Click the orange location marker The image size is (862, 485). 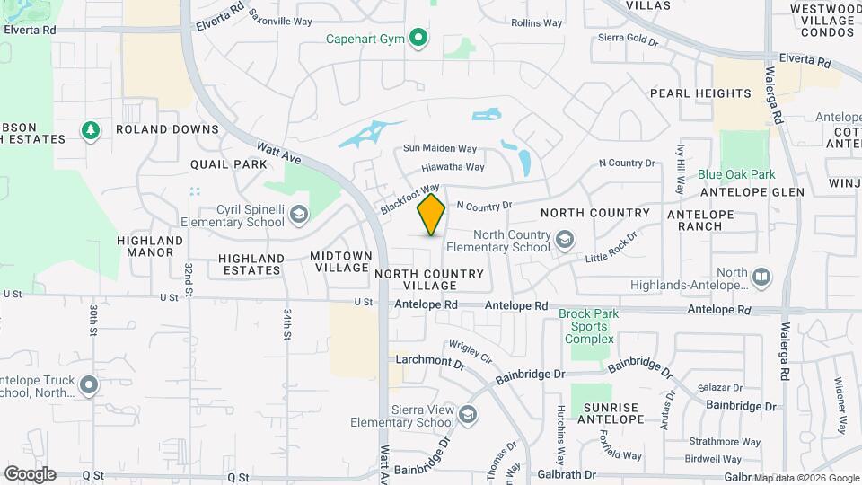click(432, 215)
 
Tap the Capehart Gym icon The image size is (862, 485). click(418, 38)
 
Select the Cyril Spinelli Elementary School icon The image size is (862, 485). click(298, 214)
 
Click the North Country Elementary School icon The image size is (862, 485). click(564, 239)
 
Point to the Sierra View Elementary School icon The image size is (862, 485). click(467, 414)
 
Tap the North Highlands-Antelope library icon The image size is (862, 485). click(761, 276)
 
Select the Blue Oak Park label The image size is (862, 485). click(736, 174)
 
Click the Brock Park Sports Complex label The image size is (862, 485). click(588, 326)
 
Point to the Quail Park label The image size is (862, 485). click(229, 164)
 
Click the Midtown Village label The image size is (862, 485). click(340, 261)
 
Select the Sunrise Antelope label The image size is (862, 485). click(613, 413)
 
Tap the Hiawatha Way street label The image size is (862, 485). click(453, 167)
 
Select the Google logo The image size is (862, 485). click(30, 474)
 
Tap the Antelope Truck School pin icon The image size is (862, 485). click(88, 385)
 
